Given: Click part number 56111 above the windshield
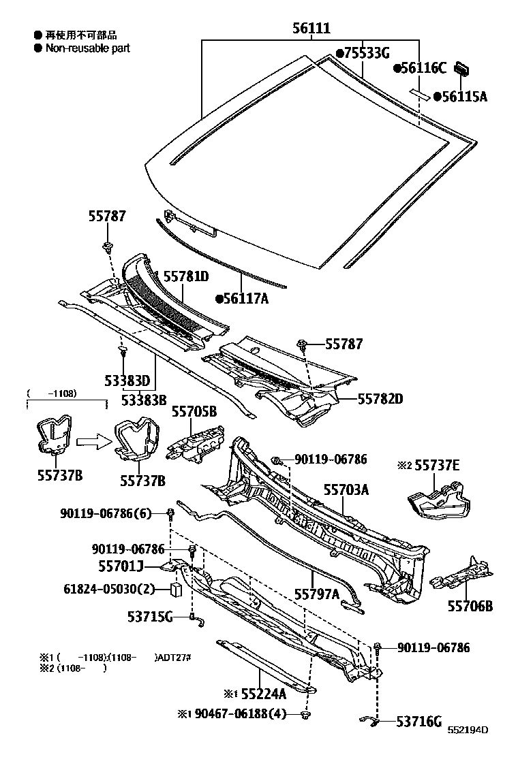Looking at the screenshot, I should tap(312, 28).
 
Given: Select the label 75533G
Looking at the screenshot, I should tap(366, 52).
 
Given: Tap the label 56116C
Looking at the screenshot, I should tap(423, 67).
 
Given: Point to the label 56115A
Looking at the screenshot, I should tap(464, 97).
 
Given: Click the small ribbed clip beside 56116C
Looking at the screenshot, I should tap(464, 67).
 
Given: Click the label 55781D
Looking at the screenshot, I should tap(185, 276).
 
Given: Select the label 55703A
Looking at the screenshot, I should tap(346, 489).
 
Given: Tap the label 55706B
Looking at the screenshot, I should tap(470, 605).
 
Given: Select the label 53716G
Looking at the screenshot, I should tap(419, 722).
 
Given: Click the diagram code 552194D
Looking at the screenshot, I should tap(468, 731).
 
